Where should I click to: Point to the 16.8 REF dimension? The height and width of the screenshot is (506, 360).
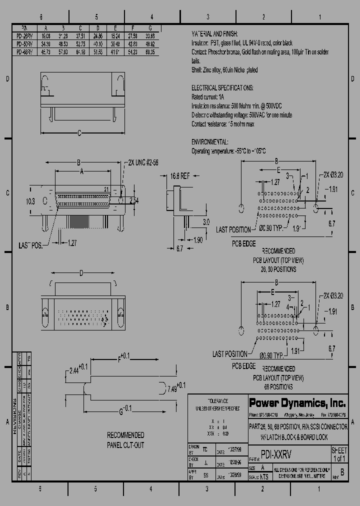click(180, 176)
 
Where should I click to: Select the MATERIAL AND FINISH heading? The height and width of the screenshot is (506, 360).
click(216, 33)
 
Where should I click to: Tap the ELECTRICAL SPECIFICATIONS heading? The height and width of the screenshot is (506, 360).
click(222, 88)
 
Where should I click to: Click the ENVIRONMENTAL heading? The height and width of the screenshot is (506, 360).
click(210, 142)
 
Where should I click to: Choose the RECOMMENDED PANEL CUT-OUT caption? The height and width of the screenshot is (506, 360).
click(125, 440)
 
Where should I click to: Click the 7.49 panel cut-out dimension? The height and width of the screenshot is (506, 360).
click(175, 386)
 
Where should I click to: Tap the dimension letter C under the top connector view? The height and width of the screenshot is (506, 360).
click(79, 133)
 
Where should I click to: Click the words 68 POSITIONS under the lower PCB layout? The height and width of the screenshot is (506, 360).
click(278, 386)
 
